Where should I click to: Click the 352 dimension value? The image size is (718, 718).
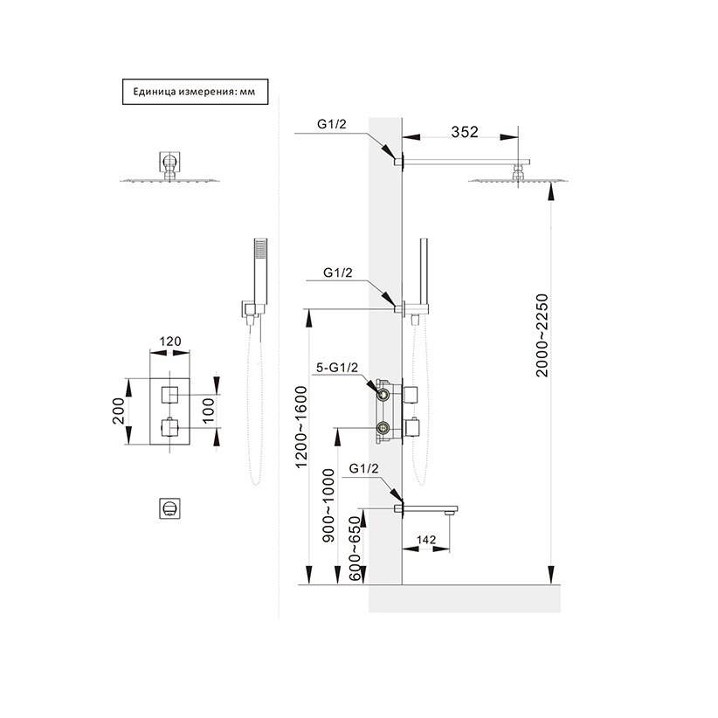(x=465, y=133)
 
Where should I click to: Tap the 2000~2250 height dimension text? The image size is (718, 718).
(x=542, y=335)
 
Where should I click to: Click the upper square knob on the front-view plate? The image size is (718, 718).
(x=170, y=392)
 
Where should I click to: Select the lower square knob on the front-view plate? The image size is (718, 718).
(x=170, y=428)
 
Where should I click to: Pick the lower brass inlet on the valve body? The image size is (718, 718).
(x=383, y=428)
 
